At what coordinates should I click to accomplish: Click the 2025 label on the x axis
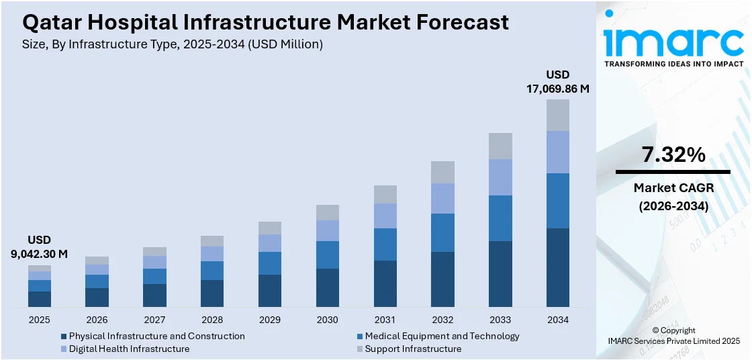(40, 320)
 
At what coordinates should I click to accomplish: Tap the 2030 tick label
(328, 320)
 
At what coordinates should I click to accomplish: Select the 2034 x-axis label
(557, 320)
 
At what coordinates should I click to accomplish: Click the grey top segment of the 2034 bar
(557, 115)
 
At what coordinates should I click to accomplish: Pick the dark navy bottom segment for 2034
(557, 267)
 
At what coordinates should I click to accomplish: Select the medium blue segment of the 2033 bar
(500, 218)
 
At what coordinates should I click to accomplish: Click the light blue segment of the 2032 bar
(442, 198)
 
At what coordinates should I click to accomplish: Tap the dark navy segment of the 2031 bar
(385, 283)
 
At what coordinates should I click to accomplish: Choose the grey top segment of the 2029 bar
(270, 228)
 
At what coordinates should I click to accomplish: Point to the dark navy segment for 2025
(40, 299)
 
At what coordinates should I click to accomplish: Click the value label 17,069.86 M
(557, 89)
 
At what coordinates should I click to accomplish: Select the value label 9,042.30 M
(40, 254)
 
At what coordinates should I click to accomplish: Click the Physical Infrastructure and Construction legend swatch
(64, 336)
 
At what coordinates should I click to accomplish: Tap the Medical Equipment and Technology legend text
(442, 336)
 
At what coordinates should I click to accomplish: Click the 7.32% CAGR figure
(673, 155)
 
